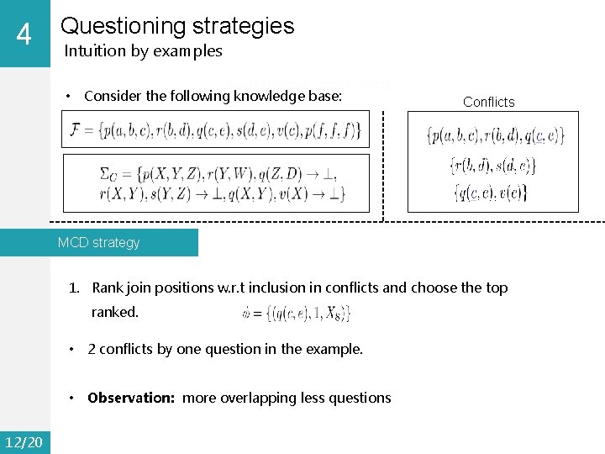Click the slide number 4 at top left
24,35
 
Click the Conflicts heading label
488,102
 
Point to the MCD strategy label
98,242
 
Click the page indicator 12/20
24,442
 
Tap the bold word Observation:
133,398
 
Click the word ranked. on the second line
115,312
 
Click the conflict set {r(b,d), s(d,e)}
493,166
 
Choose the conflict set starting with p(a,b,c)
495,135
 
